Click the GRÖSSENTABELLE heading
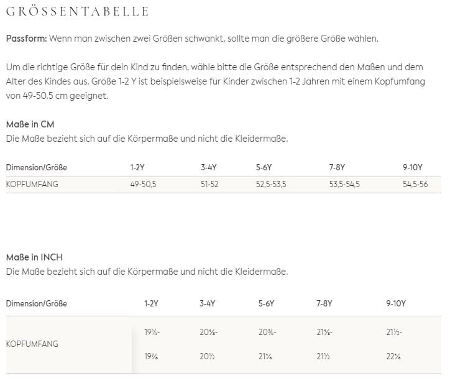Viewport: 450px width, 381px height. point(77,12)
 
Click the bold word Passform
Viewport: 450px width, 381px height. point(25,39)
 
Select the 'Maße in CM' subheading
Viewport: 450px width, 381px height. point(30,124)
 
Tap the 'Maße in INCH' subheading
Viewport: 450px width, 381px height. point(34,257)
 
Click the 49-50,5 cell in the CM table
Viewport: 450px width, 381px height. point(143,184)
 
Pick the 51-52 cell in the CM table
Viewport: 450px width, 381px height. point(209,184)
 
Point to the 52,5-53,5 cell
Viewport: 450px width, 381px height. point(271,184)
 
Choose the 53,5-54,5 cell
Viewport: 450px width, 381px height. point(344,184)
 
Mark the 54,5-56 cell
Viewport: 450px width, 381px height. point(415,184)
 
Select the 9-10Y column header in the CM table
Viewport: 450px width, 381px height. point(413,167)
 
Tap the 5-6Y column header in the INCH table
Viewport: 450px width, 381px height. point(266,304)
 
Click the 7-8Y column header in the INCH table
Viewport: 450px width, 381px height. point(324,304)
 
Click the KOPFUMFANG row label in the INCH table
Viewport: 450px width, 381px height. point(32,343)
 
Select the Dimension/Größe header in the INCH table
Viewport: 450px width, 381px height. point(36,304)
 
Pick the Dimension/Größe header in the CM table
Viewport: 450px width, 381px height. point(36,167)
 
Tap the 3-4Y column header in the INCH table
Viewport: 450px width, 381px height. point(208,304)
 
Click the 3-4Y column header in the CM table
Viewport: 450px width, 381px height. point(209,167)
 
